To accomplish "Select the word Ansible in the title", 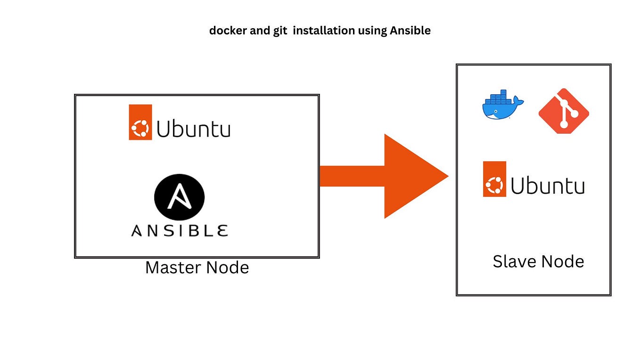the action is coord(410,31).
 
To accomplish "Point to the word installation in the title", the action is coord(324,31).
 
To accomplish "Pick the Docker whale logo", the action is coord(503,105).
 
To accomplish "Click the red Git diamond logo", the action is coord(564,111).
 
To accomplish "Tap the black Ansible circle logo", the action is coord(179,197).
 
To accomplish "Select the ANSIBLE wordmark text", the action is coord(180,231).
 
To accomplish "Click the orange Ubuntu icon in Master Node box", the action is coord(140,123).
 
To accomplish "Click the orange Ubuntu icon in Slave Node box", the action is coord(494,179).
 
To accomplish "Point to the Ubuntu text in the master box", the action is coord(193,129).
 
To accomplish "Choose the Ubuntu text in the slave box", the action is coord(548,186).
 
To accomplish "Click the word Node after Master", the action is coord(228,268).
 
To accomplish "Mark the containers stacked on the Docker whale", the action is coord(499,97).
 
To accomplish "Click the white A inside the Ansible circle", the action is coord(179,196).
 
